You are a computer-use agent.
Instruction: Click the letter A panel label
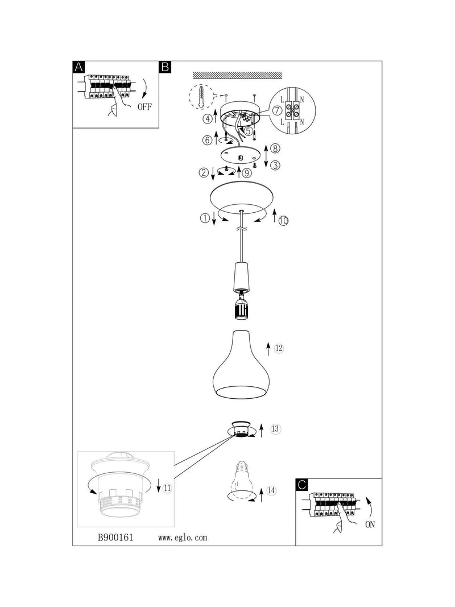coord(78,67)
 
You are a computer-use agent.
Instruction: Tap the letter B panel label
coord(165,67)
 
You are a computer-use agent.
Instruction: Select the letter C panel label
coord(302,485)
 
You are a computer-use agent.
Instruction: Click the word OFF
coord(144,107)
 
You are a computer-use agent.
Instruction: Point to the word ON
coord(370,525)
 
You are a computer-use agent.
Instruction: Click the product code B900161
coord(115,538)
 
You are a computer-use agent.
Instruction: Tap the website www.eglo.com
coord(183,538)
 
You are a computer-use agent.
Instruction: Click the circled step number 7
coord(276,110)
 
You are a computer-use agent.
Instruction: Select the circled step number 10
coord(284,221)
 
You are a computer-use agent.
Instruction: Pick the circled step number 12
coord(279,348)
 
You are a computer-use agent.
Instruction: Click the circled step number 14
coord(272,491)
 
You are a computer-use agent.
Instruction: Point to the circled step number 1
coord(205,218)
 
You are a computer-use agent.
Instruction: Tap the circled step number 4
coord(208,118)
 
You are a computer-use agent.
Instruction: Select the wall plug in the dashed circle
coord(200,96)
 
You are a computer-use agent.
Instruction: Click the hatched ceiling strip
coord(238,75)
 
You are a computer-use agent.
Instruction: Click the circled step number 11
coord(167,489)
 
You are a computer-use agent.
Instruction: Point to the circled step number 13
coord(275,429)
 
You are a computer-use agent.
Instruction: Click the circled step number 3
coord(275,166)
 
